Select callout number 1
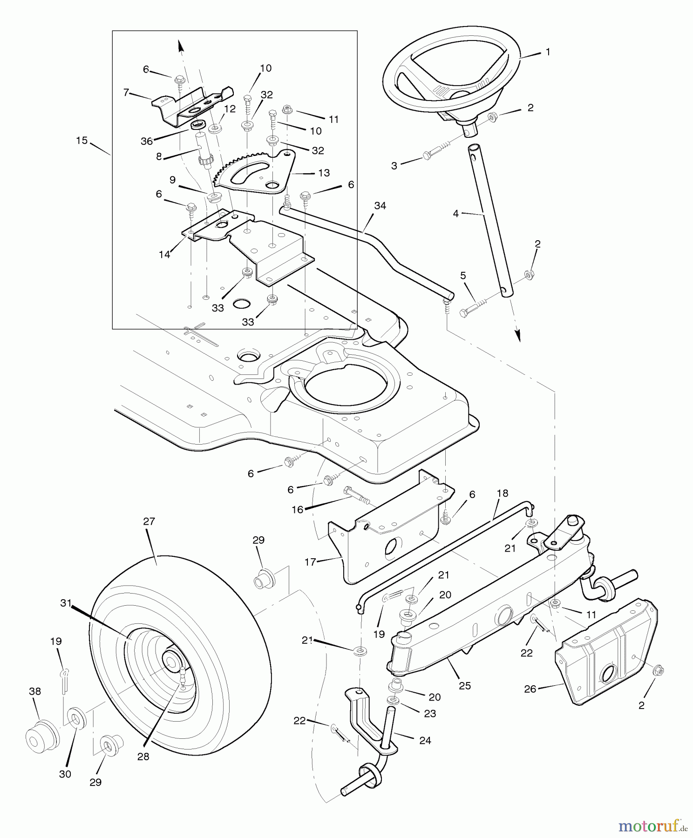pyautogui.click(x=548, y=52)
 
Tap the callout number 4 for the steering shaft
pyautogui.click(x=456, y=214)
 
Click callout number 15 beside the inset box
pyautogui.click(x=82, y=140)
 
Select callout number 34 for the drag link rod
pyautogui.click(x=380, y=205)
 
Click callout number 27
pyautogui.click(x=149, y=521)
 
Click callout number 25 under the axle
pyautogui.click(x=464, y=685)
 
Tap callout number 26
pyautogui.click(x=530, y=689)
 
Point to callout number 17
pyautogui.click(x=310, y=562)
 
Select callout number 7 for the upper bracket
pyautogui.click(x=126, y=92)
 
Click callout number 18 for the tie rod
pyautogui.click(x=502, y=493)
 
